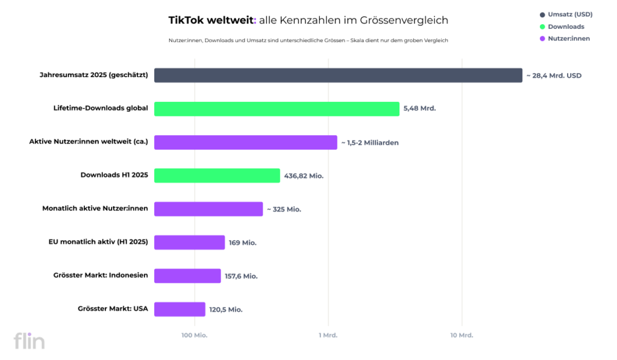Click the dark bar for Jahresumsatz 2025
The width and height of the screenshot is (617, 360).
[x=338, y=75]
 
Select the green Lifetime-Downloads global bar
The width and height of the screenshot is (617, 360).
[x=277, y=109]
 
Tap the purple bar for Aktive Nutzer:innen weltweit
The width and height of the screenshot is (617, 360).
[x=246, y=142]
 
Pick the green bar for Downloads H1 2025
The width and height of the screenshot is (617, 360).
[x=217, y=175]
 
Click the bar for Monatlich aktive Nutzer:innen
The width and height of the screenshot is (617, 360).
[x=208, y=209]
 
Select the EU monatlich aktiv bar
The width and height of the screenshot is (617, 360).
[x=189, y=242]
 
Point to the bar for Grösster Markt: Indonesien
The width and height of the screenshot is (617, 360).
[x=187, y=276]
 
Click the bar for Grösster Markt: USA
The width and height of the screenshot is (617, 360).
[x=180, y=309]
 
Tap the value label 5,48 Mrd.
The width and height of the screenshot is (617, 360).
[x=419, y=109]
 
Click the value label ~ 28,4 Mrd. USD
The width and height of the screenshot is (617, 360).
[x=554, y=75]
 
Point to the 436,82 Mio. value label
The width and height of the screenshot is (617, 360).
[x=304, y=176]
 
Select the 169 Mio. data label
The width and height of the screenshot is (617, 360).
[x=242, y=242]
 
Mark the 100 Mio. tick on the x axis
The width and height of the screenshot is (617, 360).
[x=195, y=335]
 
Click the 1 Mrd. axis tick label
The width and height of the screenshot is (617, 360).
[x=328, y=335]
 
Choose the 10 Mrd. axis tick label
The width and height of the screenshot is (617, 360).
[x=462, y=335]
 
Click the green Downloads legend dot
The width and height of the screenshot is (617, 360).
[x=542, y=27]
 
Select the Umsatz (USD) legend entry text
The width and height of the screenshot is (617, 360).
[x=570, y=14]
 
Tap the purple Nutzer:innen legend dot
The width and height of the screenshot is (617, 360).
[x=542, y=39]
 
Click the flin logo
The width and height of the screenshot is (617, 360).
[x=30, y=341]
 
